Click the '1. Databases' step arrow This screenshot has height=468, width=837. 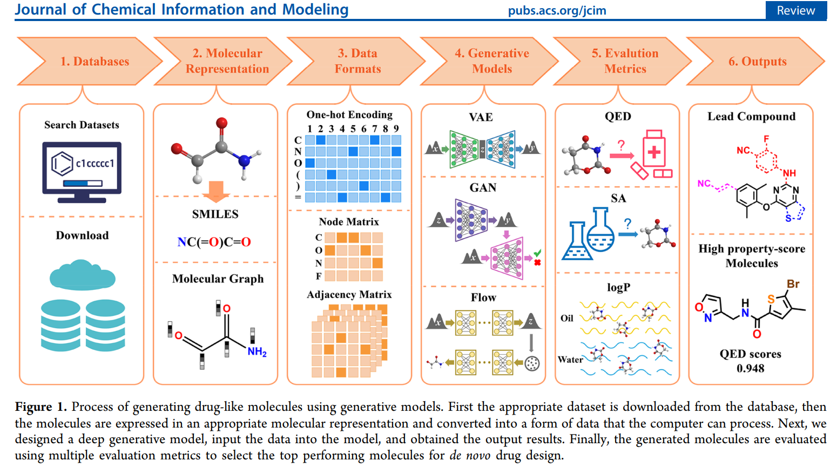(92, 62)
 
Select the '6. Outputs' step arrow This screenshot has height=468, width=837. (756, 62)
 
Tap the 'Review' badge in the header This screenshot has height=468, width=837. (795, 10)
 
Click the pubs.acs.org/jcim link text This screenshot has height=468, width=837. (557, 10)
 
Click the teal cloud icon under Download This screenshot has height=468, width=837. (82, 275)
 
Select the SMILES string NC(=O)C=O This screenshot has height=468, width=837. (214, 242)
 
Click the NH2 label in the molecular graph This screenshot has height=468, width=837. (257, 352)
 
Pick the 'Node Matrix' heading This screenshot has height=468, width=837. (349, 222)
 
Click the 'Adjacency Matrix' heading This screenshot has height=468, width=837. (349, 295)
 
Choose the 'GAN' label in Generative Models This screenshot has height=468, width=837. (483, 188)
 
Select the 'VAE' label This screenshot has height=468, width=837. (481, 117)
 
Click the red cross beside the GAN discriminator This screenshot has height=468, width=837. (537, 262)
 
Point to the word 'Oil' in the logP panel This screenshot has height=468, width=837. (566, 318)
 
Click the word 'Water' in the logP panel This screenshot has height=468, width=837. (570, 360)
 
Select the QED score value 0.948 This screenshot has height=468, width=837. (750, 368)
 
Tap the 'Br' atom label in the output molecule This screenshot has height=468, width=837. (793, 284)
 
